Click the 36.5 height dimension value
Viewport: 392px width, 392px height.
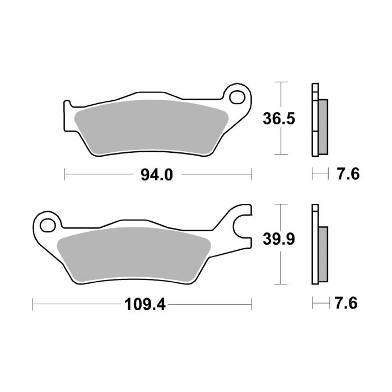[x=279, y=119]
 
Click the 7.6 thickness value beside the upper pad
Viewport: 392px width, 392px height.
[x=347, y=175]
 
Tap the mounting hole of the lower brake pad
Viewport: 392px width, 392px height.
[x=46, y=225]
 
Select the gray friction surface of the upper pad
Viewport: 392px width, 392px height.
[x=151, y=126]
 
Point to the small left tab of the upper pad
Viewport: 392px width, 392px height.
[x=68, y=106]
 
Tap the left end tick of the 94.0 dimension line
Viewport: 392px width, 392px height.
[x=65, y=175]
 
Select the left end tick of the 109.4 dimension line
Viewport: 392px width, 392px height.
[x=34, y=305]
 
